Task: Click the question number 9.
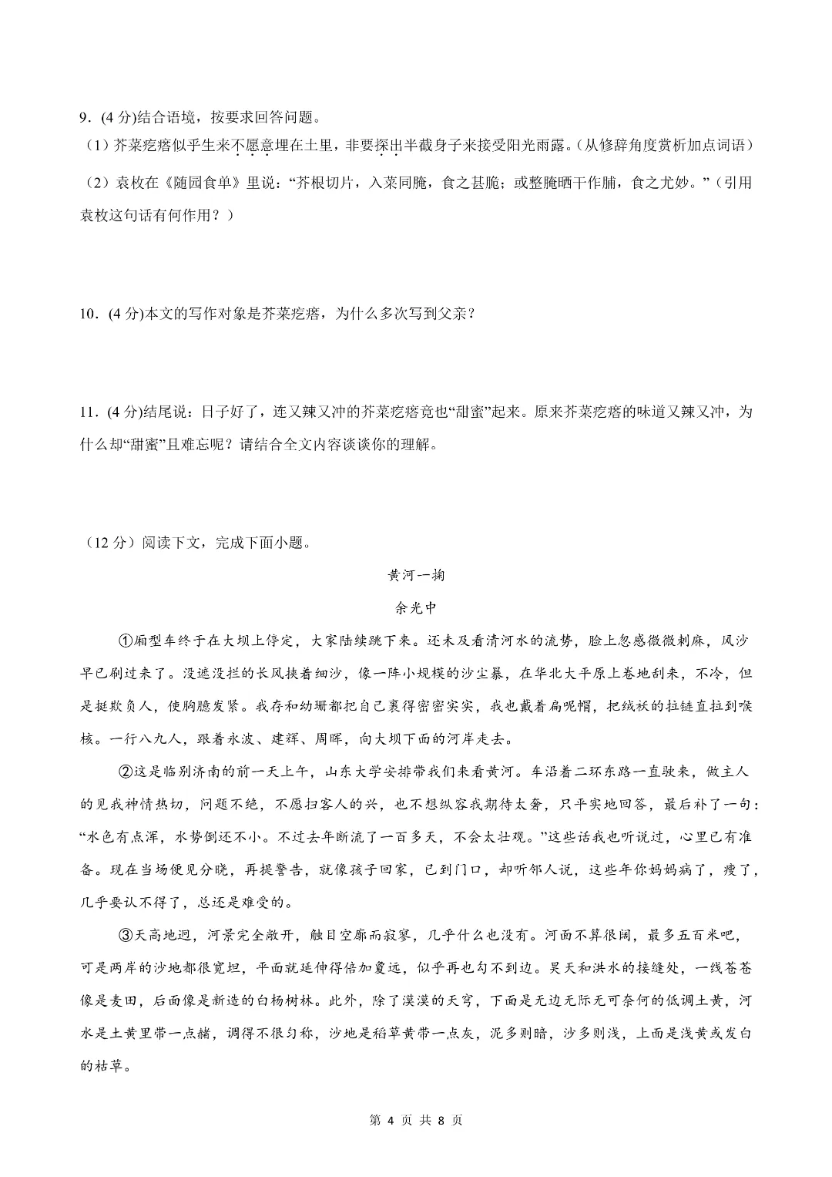click(86, 118)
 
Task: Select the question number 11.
click(89, 412)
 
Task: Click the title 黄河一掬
click(416, 576)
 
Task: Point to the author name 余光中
click(416, 608)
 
